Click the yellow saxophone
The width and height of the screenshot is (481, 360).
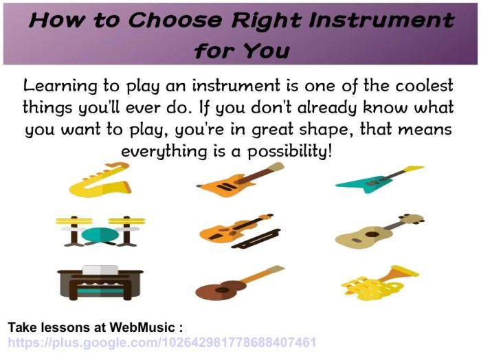click(100, 180)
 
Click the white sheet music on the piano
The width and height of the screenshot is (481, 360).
click(100, 270)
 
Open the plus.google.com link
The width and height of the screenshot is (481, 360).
click(161, 342)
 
